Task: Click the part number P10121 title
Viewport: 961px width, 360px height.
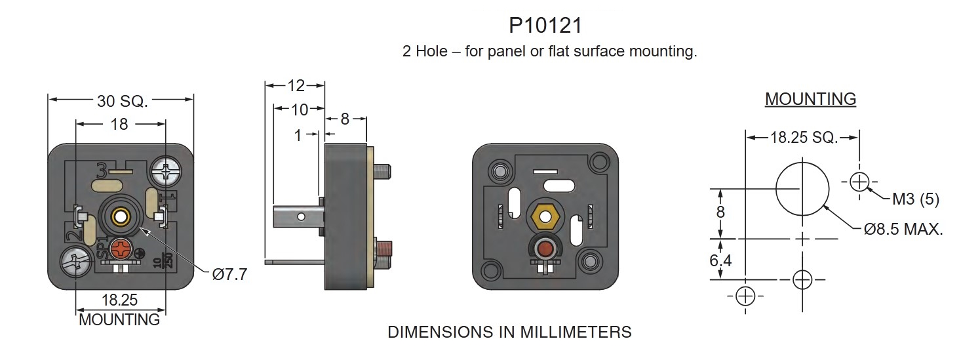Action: point(545,26)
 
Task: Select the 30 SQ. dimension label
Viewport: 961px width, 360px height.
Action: point(123,101)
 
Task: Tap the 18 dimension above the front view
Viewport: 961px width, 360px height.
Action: point(119,124)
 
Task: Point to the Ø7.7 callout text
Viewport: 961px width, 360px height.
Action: point(229,275)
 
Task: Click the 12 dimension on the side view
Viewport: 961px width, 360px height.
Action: point(296,86)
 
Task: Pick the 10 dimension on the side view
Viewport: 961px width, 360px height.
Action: point(299,109)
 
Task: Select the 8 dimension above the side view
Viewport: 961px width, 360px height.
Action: point(345,119)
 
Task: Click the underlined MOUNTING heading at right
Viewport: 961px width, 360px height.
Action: point(810,99)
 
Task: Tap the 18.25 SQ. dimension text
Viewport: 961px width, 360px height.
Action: point(804,138)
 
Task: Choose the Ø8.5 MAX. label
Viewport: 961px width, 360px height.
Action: point(903,230)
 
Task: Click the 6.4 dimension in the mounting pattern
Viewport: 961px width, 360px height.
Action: point(721,260)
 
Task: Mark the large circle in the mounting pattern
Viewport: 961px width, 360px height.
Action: point(803,189)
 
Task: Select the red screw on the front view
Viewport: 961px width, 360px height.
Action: point(121,249)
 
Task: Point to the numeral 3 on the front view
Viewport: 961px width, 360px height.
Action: point(102,170)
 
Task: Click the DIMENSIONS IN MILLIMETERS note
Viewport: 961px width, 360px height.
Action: point(509,332)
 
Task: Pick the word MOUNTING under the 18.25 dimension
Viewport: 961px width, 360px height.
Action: point(119,320)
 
